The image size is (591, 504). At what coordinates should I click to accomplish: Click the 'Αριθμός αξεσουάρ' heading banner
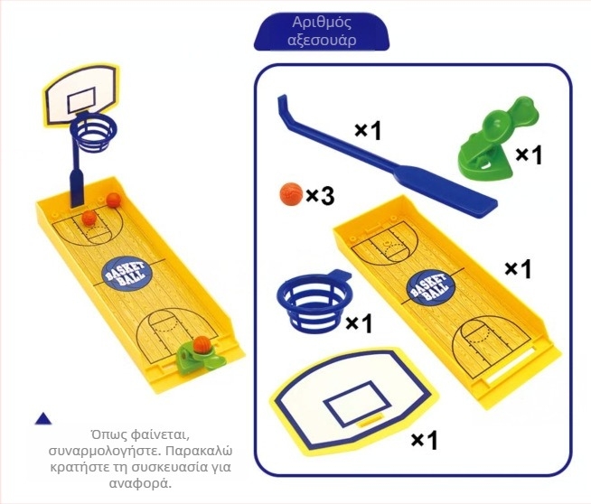point(322,32)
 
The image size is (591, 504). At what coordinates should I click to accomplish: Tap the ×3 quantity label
point(320,196)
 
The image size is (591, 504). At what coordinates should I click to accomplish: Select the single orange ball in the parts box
point(291,194)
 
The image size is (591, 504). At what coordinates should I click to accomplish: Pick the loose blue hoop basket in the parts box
point(316,303)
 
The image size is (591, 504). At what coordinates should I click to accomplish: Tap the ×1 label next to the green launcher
point(529,154)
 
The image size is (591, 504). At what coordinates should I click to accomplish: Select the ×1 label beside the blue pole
point(368,131)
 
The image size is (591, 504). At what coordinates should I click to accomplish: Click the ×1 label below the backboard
point(425,440)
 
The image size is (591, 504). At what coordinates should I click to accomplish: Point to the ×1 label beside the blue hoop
point(359,323)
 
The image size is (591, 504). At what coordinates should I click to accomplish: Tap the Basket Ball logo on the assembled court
point(127,274)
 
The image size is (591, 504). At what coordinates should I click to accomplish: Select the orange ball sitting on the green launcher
point(202,345)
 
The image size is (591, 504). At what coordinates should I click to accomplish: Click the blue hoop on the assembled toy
point(93,132)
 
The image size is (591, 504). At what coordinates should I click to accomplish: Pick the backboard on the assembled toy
point(82,95)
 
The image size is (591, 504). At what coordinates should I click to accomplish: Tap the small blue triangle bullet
point(43,418)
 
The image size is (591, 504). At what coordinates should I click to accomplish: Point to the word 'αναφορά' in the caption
point(141,483)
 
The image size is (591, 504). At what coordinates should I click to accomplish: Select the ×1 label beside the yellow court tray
point(519,268)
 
